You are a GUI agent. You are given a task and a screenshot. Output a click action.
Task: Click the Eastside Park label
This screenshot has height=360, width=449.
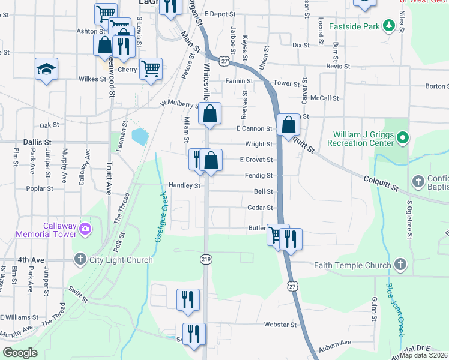[357, 26]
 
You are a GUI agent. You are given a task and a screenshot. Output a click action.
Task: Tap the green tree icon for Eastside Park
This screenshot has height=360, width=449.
[388, 26]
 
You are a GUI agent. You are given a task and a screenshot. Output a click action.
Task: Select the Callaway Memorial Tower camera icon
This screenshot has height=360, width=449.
[85, 229]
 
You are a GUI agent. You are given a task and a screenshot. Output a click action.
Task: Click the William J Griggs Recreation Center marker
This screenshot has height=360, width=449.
[403, 139]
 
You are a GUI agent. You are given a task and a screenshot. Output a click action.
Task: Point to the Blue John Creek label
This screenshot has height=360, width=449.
[394, 310]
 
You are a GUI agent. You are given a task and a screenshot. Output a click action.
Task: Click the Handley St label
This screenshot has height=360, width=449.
[184, 186]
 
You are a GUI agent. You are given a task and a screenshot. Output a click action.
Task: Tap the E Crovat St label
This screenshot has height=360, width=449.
[256, 160]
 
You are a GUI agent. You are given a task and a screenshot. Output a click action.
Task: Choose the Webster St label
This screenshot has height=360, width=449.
[280, 325]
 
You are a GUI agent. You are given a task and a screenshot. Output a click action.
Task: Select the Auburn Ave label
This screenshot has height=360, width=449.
[337, 343]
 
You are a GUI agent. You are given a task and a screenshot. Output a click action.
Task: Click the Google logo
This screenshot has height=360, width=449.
[20, 353]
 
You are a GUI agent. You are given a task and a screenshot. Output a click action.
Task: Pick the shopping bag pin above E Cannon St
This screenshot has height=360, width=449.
[210, 113]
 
